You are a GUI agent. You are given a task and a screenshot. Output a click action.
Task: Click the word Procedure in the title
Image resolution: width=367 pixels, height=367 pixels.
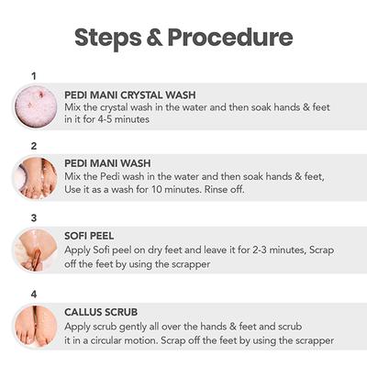click(x=235, y=38)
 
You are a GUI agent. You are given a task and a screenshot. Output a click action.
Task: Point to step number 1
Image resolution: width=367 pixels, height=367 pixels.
click(x=34, y=75)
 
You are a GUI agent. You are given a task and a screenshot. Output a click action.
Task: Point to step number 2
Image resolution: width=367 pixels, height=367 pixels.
click(x=34, y=146)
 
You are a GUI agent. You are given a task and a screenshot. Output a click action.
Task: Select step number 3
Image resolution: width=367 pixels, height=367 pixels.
click(x=34, y=218)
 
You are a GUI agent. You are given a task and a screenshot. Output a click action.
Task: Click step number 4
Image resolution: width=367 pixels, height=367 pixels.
click(x=34, y=294)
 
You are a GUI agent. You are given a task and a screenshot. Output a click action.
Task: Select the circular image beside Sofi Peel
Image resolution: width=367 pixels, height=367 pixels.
click(x=34, y=250)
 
